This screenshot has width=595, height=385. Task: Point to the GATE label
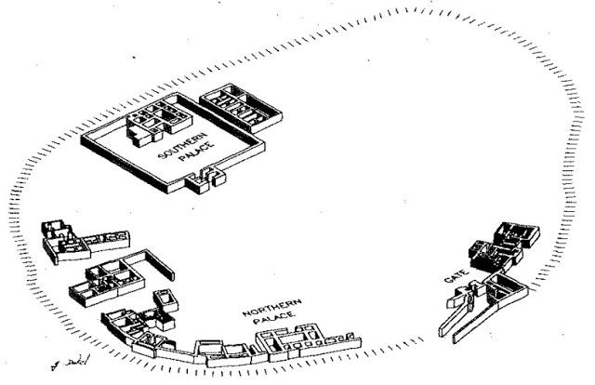(455, 277)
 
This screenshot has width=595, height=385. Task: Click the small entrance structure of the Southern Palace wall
(206, 179)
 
